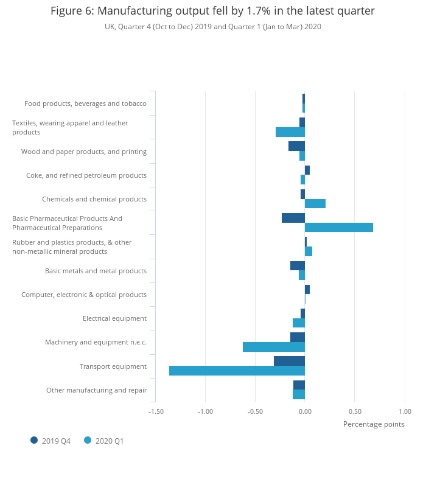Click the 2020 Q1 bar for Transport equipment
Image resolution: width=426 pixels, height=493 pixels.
point(237,371)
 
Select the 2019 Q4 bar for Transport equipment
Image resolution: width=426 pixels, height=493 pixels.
point(289,361)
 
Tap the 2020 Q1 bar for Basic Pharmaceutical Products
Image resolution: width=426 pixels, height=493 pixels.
point(339,227)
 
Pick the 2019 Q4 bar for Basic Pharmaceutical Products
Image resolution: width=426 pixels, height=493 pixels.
point(293,218)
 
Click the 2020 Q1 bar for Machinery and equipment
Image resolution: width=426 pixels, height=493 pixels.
point(274,347)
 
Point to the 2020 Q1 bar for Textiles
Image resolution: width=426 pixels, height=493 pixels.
point(290,132)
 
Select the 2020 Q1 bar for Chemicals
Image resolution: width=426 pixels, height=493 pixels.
point(315,203)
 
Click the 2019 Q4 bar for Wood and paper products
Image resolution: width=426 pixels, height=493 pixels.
point(296,146)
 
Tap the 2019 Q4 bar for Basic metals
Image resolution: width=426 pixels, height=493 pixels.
point(298,265)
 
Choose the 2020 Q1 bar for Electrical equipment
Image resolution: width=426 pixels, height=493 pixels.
point(299,323)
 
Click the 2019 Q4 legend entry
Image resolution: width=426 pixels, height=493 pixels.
point(51,441)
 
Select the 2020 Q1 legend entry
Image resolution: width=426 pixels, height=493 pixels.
point(104,441)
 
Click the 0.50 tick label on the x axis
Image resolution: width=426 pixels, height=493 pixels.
point(355,411)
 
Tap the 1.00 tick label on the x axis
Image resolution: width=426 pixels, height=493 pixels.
point(405,411)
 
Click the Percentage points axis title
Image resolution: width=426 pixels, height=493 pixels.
point(374,424)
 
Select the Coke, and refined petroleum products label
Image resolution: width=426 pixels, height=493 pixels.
point(86,175)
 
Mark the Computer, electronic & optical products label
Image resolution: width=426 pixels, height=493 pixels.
point(84,295)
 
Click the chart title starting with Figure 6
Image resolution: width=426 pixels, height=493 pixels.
point(212,11)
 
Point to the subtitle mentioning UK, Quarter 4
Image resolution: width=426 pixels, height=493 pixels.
point(212,27)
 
